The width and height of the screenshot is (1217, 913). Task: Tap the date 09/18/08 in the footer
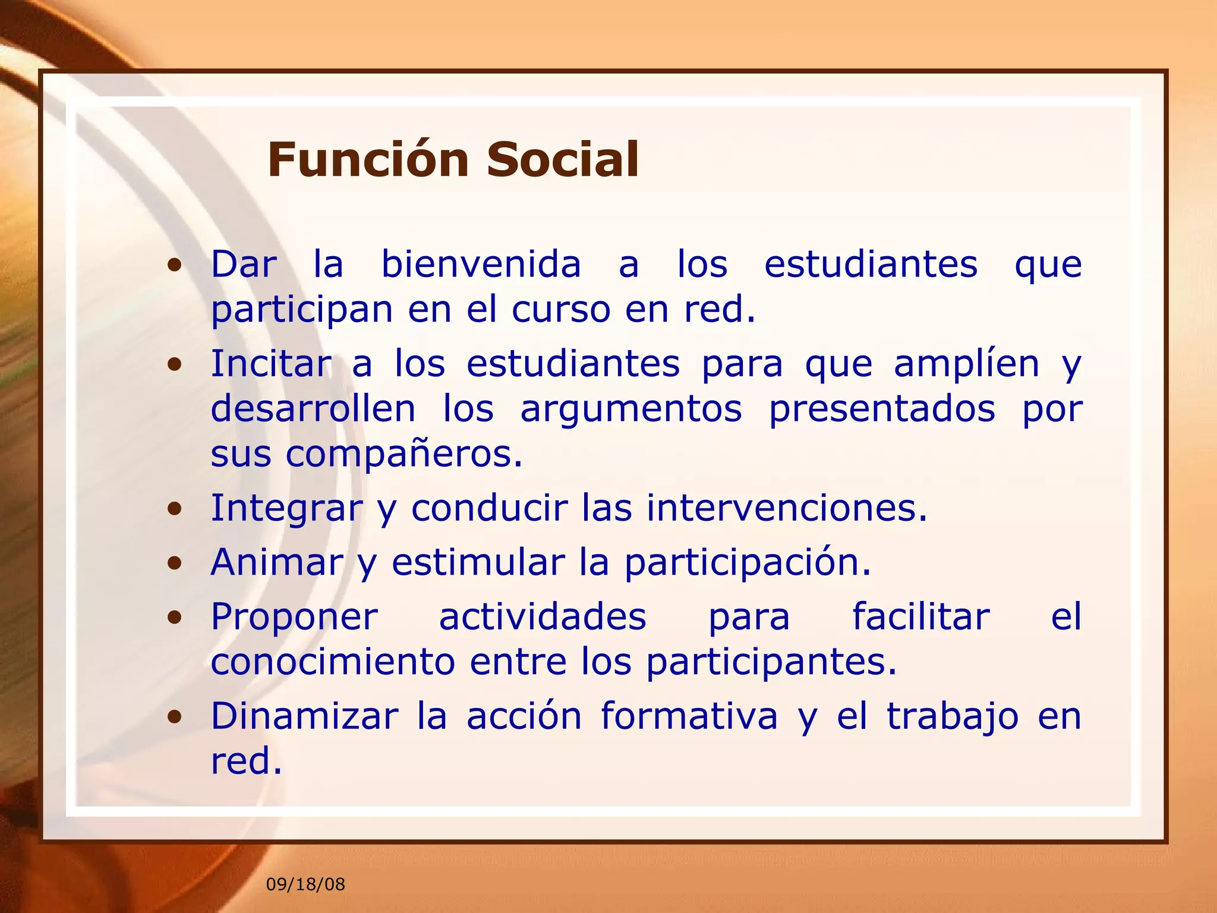305,884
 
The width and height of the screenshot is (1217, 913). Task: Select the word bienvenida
481,265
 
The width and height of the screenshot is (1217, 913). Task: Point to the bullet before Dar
174,266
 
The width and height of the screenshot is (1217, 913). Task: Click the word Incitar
271,364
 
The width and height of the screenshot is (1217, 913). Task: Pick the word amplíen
966,364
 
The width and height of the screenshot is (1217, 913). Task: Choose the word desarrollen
313,409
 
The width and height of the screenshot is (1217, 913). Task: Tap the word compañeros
403,454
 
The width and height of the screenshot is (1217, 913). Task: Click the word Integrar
286,509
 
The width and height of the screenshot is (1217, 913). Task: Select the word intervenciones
786,509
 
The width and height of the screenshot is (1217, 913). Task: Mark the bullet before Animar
174,563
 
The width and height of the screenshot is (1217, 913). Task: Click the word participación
747,563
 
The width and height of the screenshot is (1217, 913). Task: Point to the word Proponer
294,617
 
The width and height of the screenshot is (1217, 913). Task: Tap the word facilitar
921,617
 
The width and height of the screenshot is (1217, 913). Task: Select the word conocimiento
333,662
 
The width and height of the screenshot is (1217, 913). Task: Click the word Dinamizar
304,716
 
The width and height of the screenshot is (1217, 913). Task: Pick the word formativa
688,716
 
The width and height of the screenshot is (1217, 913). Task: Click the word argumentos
630,409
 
